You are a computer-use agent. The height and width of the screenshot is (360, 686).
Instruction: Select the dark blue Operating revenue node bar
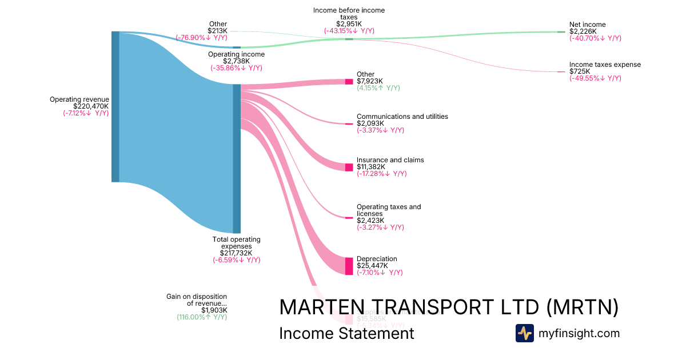coord(115,107)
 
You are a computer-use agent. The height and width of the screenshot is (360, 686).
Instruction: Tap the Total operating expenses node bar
coord(237,158)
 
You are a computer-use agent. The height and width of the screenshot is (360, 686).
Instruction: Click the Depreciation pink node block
coord(349,266)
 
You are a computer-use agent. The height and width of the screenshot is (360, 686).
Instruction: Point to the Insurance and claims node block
coord(349,167)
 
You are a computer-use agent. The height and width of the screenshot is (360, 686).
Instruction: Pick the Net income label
coord(587,25)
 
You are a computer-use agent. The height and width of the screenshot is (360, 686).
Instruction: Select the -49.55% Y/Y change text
coord(595,78)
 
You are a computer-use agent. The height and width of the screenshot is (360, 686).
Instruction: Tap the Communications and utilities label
coord(402,117)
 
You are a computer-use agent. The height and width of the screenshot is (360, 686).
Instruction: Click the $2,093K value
coord(370,123)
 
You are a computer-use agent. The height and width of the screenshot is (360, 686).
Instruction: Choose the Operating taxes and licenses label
coord(388,210)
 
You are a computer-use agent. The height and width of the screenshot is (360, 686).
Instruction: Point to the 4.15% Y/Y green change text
coord(378,88)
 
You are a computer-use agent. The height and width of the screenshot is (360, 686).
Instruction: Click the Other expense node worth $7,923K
coord(349,82)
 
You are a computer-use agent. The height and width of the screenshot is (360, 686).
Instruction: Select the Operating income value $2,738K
coord(236,61)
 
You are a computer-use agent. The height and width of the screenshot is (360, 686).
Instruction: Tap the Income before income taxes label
coord(349,14)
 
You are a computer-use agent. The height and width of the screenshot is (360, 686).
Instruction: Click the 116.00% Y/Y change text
coord(202,317)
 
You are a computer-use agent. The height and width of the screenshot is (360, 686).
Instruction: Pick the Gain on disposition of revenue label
coord(197,300)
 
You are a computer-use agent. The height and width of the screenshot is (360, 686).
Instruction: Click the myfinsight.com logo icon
coord(524,333)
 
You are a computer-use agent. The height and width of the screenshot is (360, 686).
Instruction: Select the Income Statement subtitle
coord(346,334)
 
